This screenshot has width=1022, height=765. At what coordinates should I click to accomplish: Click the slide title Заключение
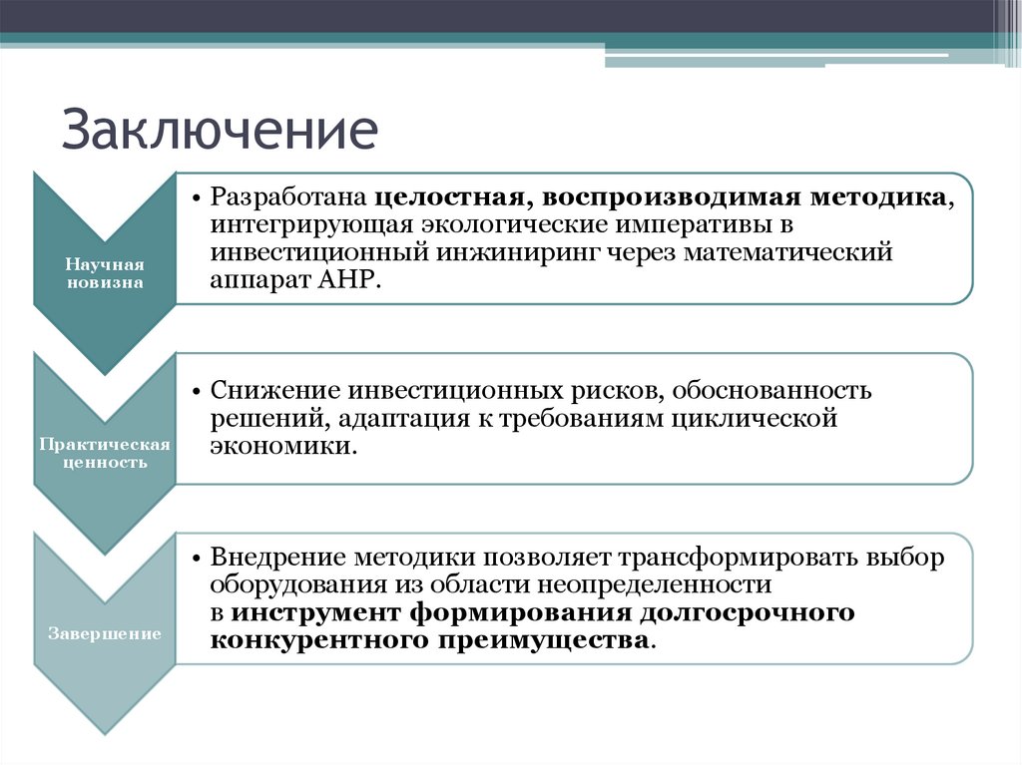pos(221,132)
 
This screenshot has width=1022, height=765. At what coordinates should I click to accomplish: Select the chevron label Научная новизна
pos(105,273)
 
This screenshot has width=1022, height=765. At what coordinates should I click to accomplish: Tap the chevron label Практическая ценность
pos(105,453)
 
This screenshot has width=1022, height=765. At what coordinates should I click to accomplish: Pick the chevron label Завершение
pos(105,633)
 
